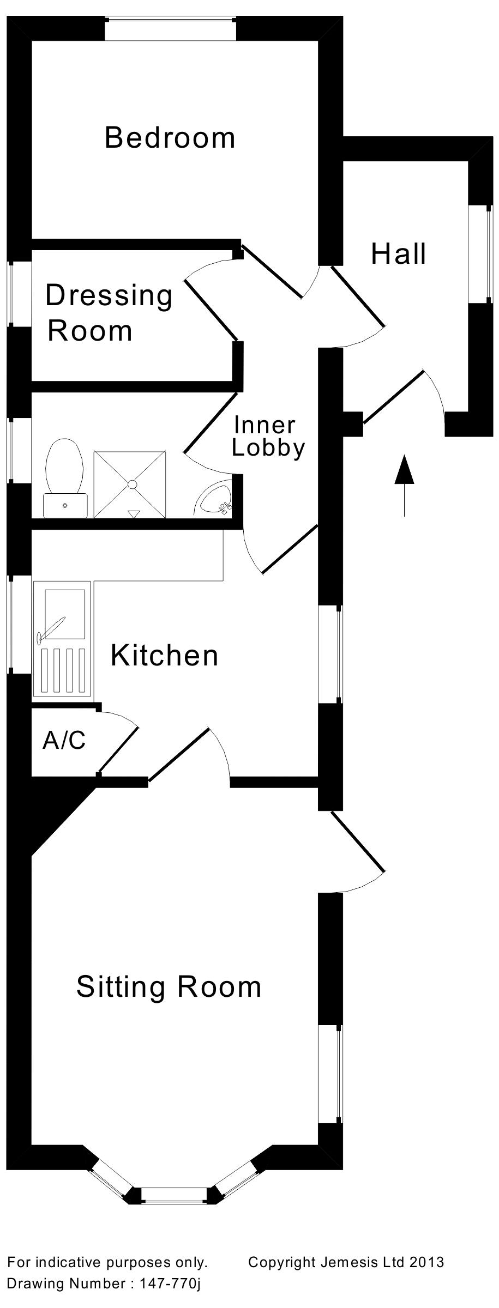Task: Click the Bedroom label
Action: point(170,137)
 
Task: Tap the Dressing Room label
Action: point(109,313)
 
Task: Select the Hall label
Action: point(398,255)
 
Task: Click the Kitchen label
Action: point(164,655)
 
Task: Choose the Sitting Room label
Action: point(169,987)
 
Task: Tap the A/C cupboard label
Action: point(64,740)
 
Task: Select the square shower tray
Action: point(130,484)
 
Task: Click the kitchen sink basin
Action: point(64,614)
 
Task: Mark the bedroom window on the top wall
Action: point(171,28)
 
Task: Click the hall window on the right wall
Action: point(481,254)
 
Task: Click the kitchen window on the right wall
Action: point(330,654)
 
